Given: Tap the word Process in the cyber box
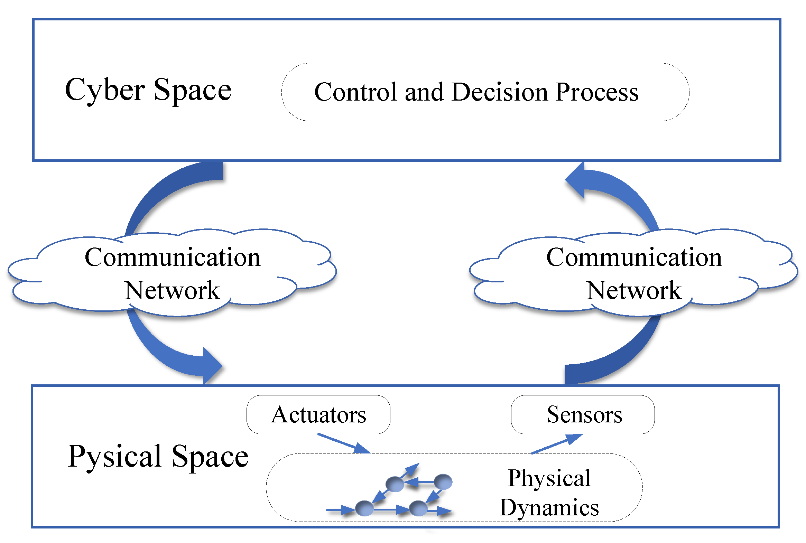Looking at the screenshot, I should [x=597, y=92].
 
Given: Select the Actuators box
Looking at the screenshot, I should [x=318, y=414].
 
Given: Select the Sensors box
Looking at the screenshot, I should [x=583, y=414].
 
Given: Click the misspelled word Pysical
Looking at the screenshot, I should [x=115, y=457].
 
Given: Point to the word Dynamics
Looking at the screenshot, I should [x=549, y=508].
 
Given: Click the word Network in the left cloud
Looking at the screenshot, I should [x=172, y=290].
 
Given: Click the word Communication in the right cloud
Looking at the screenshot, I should [x=634, y=258].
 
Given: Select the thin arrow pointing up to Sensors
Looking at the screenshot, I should [x=556, y=444].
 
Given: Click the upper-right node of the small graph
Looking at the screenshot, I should [x=443, y=482].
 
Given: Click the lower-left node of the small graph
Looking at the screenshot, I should [x=364, y=508].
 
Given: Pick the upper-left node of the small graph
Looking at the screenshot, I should [x=395, y=484].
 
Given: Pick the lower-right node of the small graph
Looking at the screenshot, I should [x=418, y=508].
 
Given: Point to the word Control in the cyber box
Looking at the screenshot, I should [x=355, y=92].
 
